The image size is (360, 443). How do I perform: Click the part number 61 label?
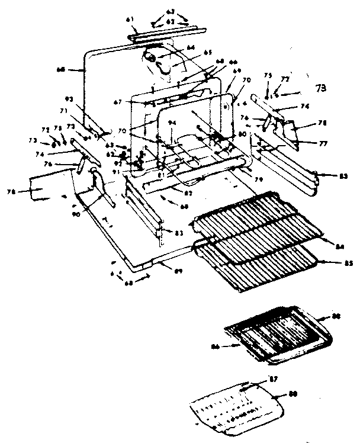coord(129,20)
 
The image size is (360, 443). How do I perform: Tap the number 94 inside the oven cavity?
coord(172,123)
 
